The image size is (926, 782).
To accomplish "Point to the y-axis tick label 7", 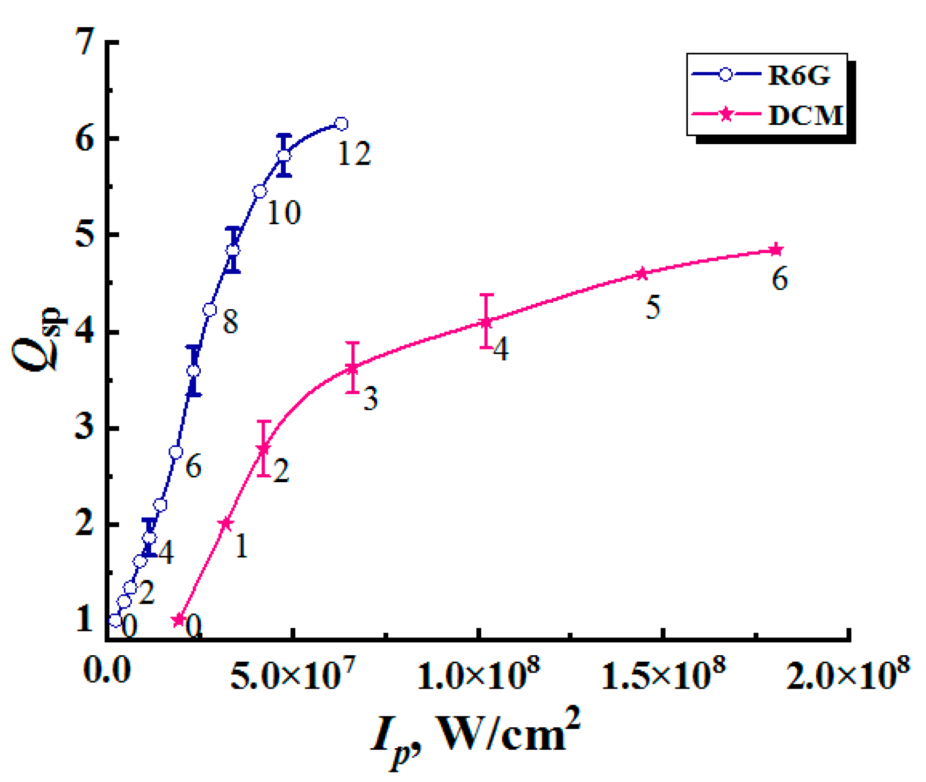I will point(85,41).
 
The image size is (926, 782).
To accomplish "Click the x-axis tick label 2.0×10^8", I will point(848,677).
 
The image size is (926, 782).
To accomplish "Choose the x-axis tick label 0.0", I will point(107,671).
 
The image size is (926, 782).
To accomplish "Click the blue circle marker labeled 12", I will point(341,124).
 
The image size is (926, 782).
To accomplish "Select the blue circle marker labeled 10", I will point(259,191).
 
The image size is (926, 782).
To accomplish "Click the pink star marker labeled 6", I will point(776,250).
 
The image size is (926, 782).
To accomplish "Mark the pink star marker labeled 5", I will point(642,273).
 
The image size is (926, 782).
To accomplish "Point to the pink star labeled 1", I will point(226,523).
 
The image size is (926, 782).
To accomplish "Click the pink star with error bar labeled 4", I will point(487,322).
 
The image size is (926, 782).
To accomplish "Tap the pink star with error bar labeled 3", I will point(352,368).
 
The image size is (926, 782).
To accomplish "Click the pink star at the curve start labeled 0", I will point(178,620).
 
